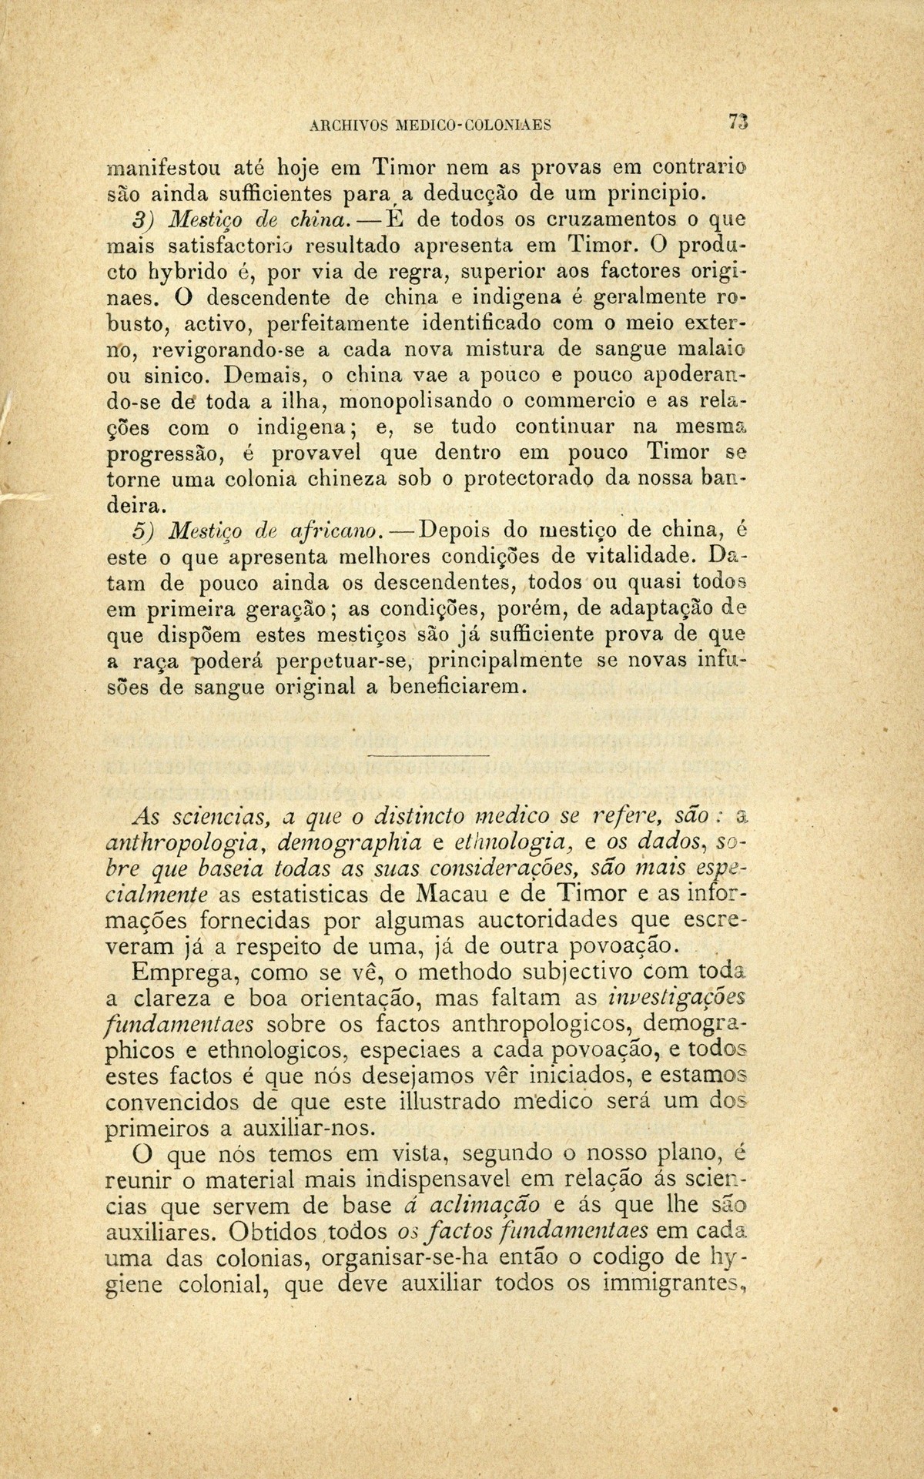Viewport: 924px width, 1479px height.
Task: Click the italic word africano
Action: click(x=336, y=530)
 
